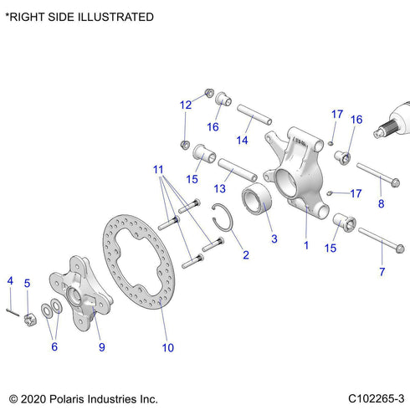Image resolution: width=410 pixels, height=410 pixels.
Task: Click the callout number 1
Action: (x=306, y=246)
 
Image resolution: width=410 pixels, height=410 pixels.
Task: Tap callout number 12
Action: (x=185, y=105)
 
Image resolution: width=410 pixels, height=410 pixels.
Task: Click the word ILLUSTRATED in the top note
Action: (x=112, y=17)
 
